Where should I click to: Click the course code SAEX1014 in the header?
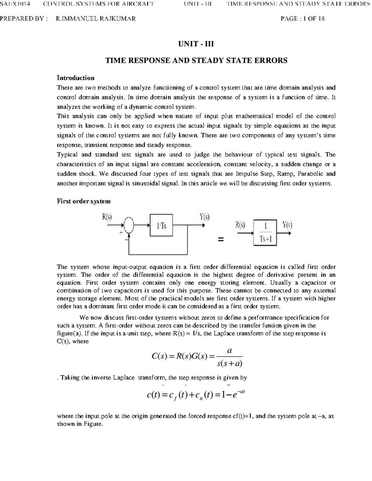click(x=15, y=4)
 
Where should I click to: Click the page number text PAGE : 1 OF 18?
click(x=302, y=19)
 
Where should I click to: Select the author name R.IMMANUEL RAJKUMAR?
click(x=96, y=19)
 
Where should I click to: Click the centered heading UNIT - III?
click(x=196, y=44)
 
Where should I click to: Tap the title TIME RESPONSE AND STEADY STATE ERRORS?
click(x=196, y=60)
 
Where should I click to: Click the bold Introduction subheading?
click(x=75, y=78)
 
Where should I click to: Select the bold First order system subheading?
click(x=84, y=201)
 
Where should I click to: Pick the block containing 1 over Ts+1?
click(x=265, y=233)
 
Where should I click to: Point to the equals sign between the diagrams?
click(x=220, y=239)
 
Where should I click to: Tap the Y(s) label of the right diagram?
click(x=287, y=225)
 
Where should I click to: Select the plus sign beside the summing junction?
click(x=121, y=232)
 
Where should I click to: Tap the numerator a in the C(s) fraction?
click(x=229, y=351)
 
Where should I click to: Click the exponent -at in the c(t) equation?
click(x=241, y=391)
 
